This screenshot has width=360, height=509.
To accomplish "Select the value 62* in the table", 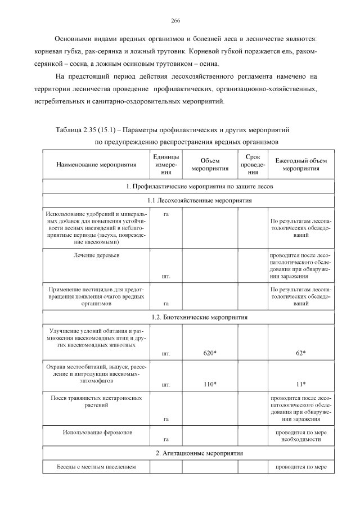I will pyautogui.click(x=300, y=353).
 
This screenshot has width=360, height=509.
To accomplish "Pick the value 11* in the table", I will pyautogui.click(x=300, y=385).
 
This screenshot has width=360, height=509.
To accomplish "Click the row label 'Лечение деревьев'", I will pyautogui.click(x=96, y=255).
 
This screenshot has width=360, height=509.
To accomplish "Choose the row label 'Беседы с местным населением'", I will pyautogui.click(x=96, y=467).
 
